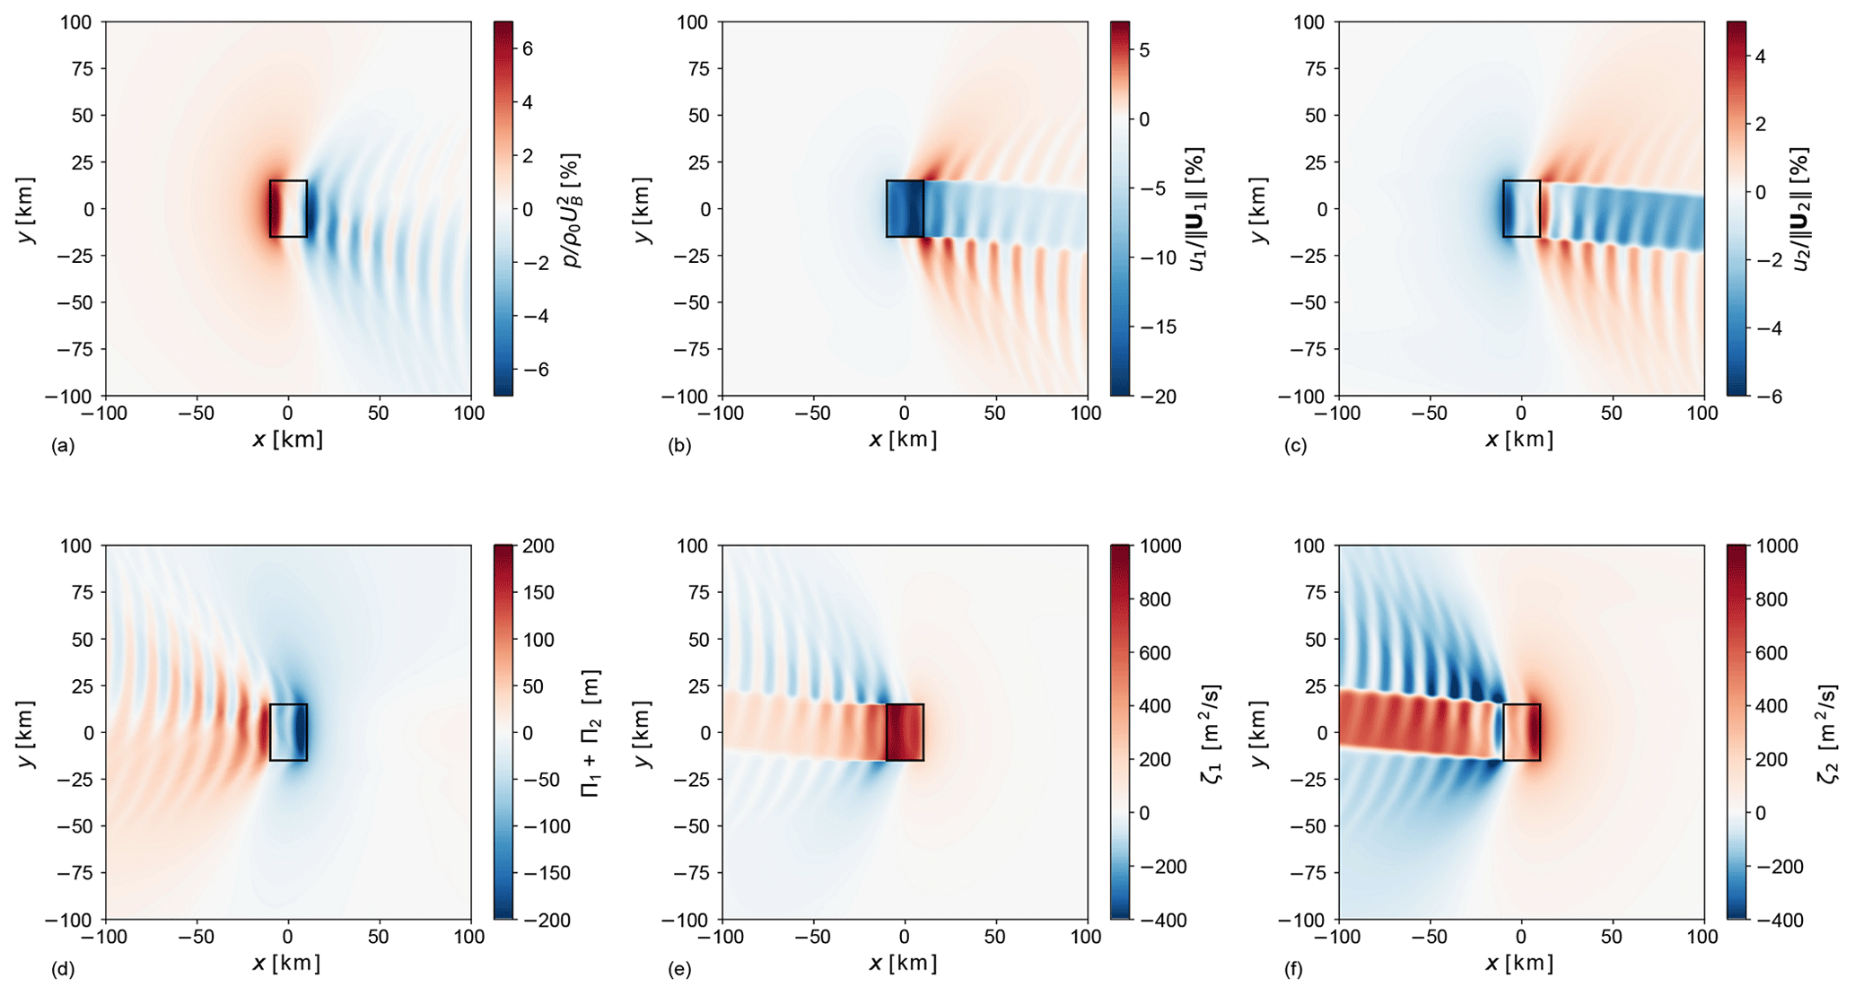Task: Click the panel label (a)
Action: tap(64, 446)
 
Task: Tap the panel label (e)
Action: tap(679, 969)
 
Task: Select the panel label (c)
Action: tap(1295, 446)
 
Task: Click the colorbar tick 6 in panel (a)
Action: tap(528, 48)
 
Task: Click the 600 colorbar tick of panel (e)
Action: tap(1153, 653)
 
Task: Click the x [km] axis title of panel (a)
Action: tap(288, 440)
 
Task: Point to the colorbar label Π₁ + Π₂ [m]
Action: tap(591, 732)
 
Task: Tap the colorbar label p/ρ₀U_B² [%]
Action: tap(572, 209)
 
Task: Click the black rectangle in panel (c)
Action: tap(1521, 209)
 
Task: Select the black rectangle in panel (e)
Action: tap(905, 732)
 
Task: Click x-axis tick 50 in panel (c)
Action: tap(1612, 414)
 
